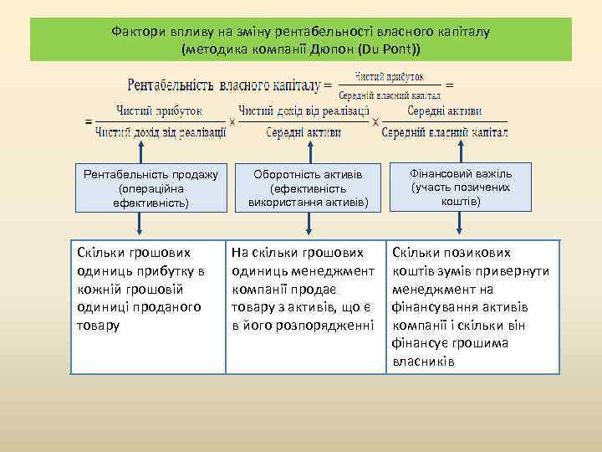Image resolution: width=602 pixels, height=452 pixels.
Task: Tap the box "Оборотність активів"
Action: click(308, 188)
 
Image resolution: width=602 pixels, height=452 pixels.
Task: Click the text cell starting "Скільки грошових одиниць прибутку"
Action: click(148, 306)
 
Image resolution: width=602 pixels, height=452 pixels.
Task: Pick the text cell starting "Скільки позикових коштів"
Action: click(474, 306)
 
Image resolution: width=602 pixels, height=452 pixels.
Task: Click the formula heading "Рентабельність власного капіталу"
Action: click(224, 85)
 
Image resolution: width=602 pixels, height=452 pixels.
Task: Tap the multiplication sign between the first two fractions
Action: click(232, 121)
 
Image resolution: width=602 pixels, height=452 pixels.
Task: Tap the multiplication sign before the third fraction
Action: click(375, 122)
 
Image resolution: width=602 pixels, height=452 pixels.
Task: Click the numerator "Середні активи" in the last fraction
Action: click(444, 110)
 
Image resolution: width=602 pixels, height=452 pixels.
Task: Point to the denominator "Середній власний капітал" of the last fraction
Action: click(444, 132)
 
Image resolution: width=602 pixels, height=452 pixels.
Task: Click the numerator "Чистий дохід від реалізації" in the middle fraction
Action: click(304, 110)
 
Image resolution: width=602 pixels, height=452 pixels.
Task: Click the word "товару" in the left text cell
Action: click(98, 324)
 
